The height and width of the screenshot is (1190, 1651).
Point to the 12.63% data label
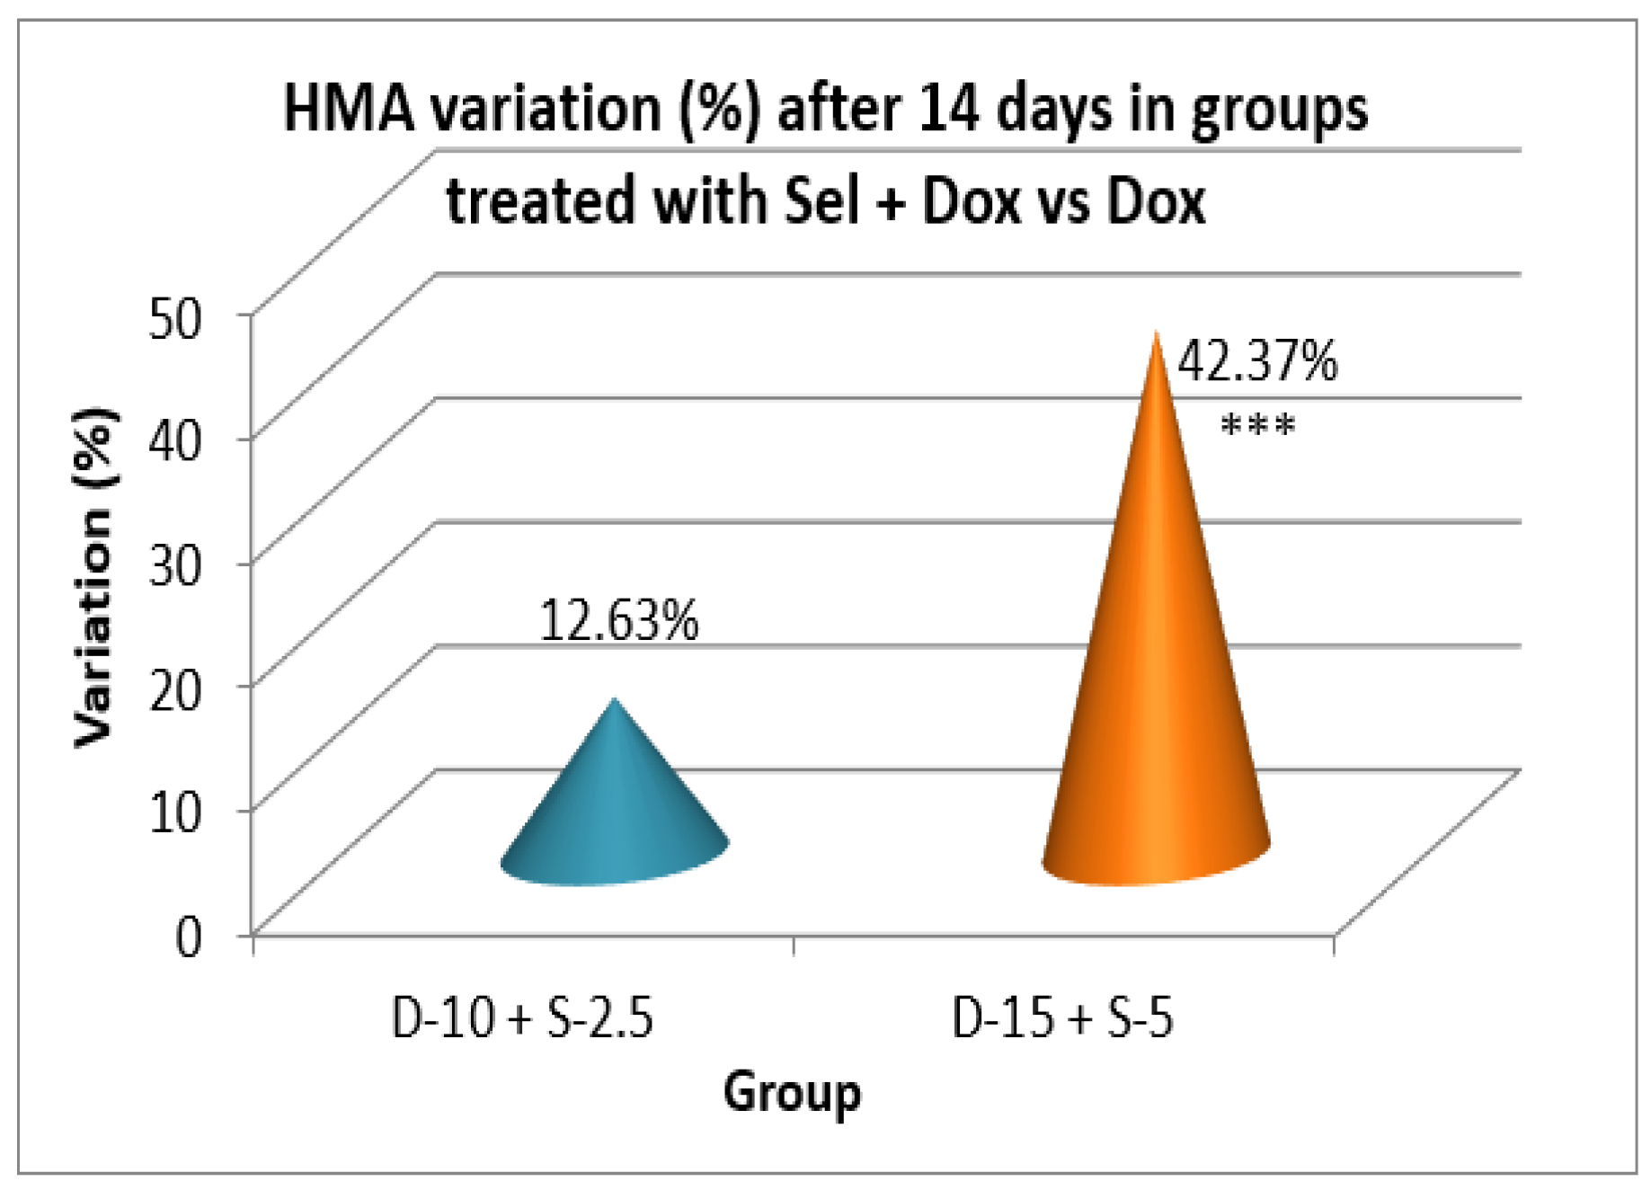pyautogui.click(x=618, y=620)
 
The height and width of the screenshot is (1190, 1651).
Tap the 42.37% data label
pyautogui.click(x=1256, y=361)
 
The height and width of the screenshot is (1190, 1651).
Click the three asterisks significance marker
pyautogui.click(x=1257, y=425)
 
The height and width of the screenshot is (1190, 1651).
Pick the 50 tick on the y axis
pyautogui.click(x=175, y=317)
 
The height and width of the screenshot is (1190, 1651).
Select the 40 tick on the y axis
pyautogui.click(x=175, y=441)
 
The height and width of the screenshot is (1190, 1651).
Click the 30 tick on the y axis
pyautogui.click(x=175, y=565)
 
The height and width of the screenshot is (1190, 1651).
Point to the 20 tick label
pyautogui.click(x=175, y=689)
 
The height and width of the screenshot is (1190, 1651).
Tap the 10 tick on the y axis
pyautogui.click(x=175, y=812)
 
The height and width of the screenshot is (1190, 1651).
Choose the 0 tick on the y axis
pyautogui.click(x=189, y=937)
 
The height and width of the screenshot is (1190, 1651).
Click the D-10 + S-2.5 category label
pyautogui.click(x=522, y=1018)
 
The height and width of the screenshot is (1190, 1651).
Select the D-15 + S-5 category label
pyautogui.click(x=1062, y=1018)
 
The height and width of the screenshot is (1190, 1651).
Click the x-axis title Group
pyautogui.click(x=792, y=1093)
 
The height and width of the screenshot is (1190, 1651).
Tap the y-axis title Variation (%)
pyautogui.click(x=94, y=577)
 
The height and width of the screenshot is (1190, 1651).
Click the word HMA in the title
pyautogui.click(x=350, y=109)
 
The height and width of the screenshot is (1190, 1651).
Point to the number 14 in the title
pyautogui.click(x=949, y=109)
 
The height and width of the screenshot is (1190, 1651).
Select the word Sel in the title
pyautogui.click(x=821, y=200)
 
